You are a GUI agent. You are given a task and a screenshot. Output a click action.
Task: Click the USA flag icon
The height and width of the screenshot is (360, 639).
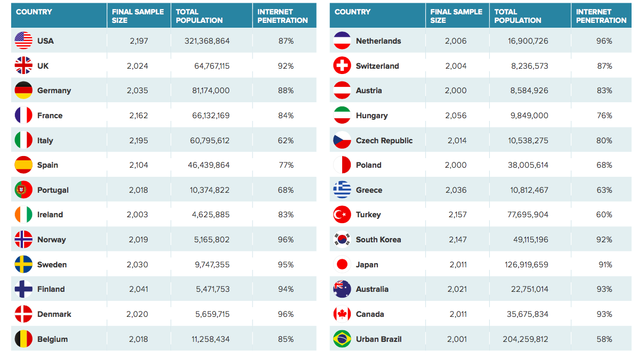click(23, 41)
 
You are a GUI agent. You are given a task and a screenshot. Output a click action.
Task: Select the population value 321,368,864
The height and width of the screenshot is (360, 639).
click(207, 41)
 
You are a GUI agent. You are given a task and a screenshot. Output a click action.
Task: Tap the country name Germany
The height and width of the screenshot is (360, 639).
click(54, 91)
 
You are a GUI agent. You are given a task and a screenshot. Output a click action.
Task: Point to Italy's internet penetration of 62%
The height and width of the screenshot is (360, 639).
click(286, 141)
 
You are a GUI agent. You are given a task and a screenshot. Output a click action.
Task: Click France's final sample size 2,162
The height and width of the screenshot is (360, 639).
click(139, 116)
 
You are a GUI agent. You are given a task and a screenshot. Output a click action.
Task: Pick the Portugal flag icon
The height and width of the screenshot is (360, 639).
click(23, 190)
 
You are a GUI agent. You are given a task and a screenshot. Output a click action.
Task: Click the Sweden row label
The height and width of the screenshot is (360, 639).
click(52, 265)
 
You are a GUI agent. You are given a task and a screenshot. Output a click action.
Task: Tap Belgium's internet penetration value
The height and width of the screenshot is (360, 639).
click(286, 339)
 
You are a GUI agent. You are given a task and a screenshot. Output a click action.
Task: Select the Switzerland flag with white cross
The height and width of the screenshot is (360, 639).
click(342, 66)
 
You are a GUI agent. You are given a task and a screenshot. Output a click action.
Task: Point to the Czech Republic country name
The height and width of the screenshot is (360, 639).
click(384, 141)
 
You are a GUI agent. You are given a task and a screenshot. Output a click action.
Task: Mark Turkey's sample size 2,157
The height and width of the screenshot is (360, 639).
click(457, 215)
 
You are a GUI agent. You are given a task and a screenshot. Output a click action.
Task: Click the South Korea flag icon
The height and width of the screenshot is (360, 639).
click(342, 240)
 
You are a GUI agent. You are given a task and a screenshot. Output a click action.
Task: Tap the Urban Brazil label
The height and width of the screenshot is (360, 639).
click(378, 339)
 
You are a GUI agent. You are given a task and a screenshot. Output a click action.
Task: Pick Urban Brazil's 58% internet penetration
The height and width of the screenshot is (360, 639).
click(604, 339)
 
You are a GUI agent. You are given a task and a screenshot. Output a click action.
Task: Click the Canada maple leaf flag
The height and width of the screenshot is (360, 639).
click(342, 314)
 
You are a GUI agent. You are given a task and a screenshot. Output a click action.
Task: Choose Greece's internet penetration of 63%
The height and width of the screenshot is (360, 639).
click(604, 190)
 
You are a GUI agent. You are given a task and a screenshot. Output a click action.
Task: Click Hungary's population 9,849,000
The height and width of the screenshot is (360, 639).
click(529, 116)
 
